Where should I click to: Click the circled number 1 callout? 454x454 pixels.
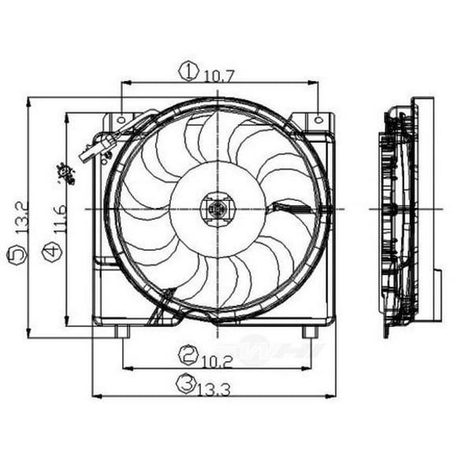click(188, 73)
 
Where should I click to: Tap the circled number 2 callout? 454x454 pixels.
click(187, 354)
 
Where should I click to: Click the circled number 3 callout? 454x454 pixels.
click(185, 384)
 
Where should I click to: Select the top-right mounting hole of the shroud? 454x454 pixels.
click(318, 120)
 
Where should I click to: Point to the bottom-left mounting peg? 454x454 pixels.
click(122, 331)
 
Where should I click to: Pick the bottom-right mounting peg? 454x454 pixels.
click(311, 331)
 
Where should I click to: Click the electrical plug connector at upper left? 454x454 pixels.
click(98, 147)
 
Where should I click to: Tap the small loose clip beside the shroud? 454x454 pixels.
click(64, 172)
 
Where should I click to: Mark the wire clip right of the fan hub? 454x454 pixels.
click(281, 210)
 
